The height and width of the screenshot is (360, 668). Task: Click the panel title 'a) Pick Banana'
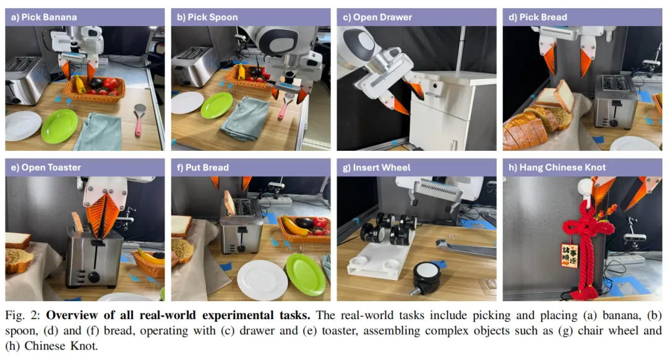pos(44,17)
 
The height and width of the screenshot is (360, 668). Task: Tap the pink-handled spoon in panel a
pos(139,119)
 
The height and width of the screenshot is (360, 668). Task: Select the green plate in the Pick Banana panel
pos(59,126)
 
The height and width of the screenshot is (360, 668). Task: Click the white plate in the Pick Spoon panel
pos(187,102)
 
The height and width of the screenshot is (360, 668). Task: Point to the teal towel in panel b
pos(244,118)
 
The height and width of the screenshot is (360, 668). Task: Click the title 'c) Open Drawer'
pos(377,17)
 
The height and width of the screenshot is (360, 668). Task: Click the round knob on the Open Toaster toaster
pos(93,277)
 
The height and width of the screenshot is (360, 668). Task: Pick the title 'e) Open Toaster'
pos(46,168)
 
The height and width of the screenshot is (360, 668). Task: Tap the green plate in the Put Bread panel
pos(306,275)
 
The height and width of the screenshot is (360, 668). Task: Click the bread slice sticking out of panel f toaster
pos(229,202)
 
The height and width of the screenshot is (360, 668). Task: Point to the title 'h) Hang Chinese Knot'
pos(557,168)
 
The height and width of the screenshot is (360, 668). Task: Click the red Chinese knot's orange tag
pos(569,255)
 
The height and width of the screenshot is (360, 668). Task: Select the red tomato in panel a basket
pos(110,84)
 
